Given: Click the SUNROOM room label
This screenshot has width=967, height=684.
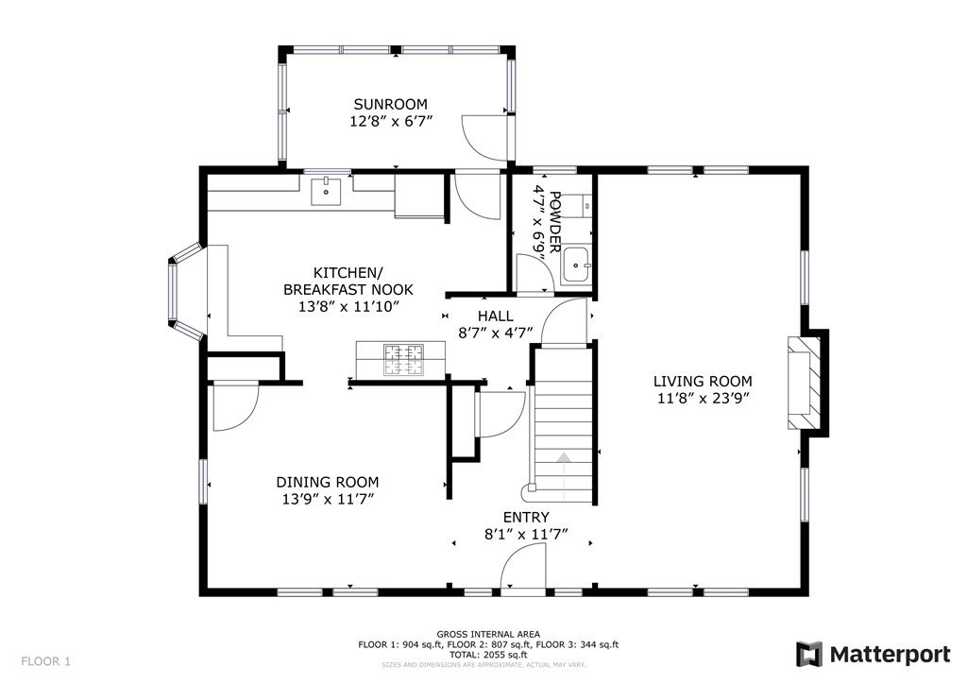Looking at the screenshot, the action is (x=390, y=104).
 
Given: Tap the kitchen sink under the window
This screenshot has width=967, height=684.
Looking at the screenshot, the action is (x=326, y=191).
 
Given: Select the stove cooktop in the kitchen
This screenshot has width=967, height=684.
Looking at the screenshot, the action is (x=404, y=360).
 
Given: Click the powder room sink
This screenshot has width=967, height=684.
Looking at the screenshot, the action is (x=576, y=265).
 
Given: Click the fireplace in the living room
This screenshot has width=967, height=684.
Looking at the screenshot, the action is (x=804, y=383).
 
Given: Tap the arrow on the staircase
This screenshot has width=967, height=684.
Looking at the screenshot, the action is (x=565, y=476).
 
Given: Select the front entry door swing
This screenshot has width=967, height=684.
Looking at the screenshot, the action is (x=523, y=571).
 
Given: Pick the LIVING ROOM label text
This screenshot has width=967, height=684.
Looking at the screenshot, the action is (x=703, y=381).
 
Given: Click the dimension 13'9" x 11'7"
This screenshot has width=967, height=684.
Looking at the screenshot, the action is (x=328, y=499).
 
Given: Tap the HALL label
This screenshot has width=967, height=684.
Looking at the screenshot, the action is (x=495, y=316).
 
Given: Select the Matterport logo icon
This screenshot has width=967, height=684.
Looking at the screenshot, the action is (x=808, y=654).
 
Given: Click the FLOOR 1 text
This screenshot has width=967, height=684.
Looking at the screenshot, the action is (x=45, y=661).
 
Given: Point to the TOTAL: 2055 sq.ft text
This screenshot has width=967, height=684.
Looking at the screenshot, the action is (x=488, y=655).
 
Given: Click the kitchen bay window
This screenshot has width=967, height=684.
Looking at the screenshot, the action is (x=185, y=291).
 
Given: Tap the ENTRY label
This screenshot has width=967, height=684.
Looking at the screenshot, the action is (x=526, y=517).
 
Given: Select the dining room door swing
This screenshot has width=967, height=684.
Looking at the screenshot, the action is (x=235, y=407).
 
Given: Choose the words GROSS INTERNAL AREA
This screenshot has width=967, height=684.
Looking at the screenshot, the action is (x=488, y=634).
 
